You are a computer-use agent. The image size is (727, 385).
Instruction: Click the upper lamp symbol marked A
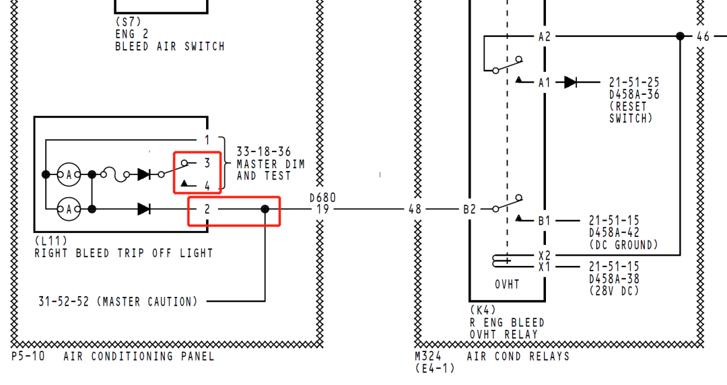(68, 174)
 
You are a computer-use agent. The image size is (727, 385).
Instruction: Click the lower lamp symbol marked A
(68, 209)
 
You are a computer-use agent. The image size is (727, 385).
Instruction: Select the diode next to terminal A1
(571, 82)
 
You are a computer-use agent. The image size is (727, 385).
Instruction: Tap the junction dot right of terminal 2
(265, 209)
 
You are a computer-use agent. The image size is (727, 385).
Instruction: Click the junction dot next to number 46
(681, 36)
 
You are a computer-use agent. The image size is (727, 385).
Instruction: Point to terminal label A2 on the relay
(545, 36)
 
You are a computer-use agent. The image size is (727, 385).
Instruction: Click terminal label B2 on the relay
(469, 209)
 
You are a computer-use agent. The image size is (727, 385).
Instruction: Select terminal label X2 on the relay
(545, 256)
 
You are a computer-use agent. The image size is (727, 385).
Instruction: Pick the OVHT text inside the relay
(508, 284)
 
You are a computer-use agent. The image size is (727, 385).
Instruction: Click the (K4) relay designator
(482, 310)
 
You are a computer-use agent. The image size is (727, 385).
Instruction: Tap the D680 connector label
(322, 198)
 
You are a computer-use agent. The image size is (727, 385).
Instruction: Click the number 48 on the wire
(415, 209)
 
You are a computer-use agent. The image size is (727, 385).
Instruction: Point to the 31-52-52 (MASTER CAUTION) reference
(118, 302)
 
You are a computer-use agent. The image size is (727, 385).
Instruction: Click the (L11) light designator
(51, 240)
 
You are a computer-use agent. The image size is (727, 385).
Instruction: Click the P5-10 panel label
(28, 356)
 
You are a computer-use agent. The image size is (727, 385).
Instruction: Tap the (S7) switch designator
(127, 22)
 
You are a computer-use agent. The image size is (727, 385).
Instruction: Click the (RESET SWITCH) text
(631, 112)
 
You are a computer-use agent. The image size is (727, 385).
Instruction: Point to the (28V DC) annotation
(614, 291)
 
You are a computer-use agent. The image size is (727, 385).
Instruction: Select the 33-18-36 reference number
(264, 152)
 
